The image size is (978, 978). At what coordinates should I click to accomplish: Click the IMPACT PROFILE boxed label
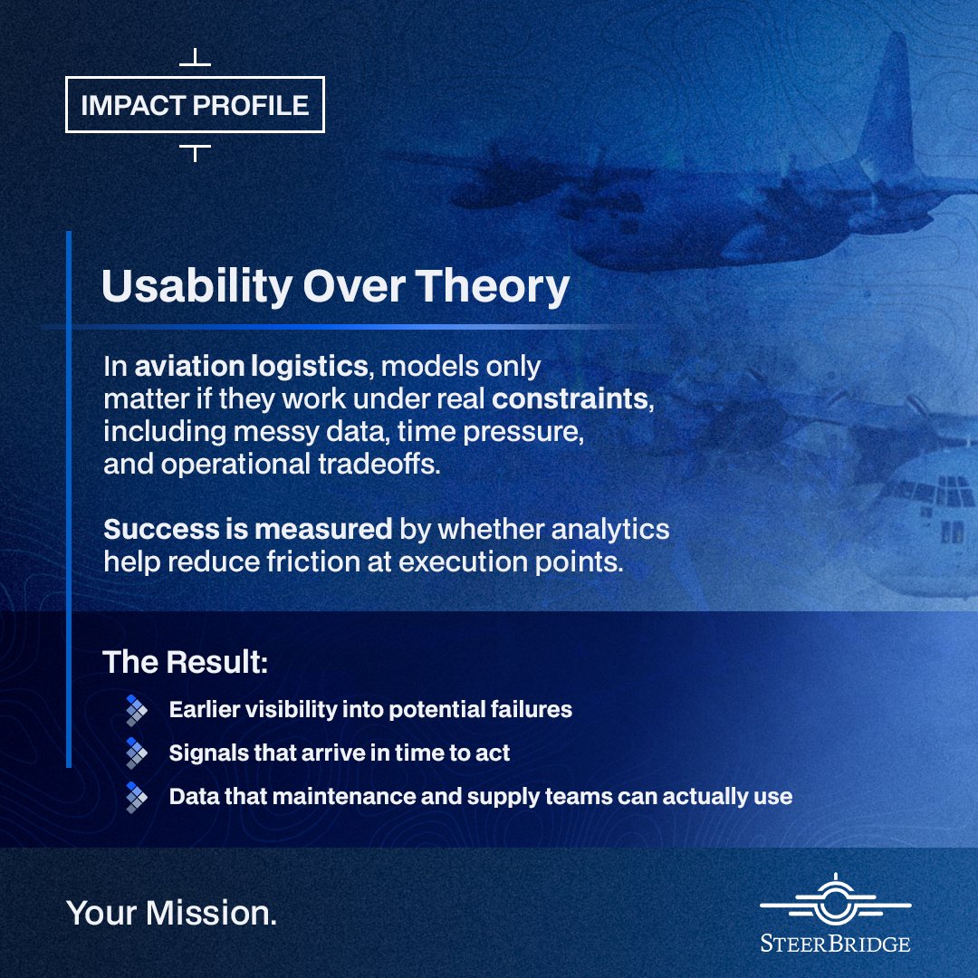tap(195, 106)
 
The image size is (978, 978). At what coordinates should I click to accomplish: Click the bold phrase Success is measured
tap(247, 528)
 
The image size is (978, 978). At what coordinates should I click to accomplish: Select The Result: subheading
tap(185, 661)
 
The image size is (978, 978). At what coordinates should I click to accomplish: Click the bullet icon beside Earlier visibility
tap(137, 709)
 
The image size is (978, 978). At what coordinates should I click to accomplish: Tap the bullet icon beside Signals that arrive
tap(137, 753)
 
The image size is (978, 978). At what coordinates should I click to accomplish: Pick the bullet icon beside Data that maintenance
tap(137, 796)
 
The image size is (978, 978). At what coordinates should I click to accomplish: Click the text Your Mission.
tap(171, 914)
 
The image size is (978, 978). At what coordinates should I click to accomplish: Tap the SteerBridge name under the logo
tap(835, 944)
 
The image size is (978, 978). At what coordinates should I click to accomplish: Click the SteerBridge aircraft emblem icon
tap(835, 902)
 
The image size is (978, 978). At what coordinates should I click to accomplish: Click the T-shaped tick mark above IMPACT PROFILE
tap(195, 59)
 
